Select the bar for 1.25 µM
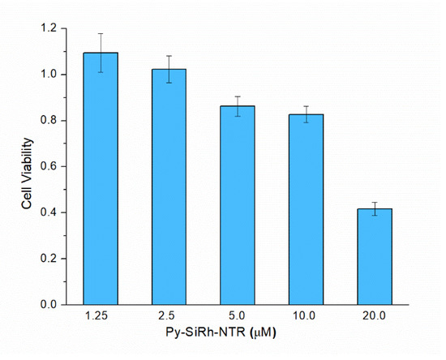[x=101, y=178]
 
